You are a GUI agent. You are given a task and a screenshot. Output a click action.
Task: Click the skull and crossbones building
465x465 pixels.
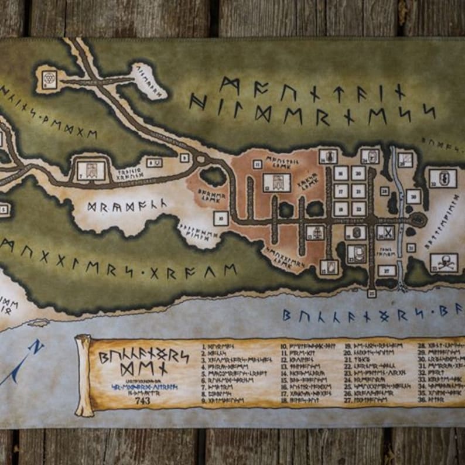click(443, 262)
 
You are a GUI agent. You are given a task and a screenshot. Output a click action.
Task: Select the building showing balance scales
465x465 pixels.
click(315, 232)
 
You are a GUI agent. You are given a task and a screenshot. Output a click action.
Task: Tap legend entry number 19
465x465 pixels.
click(375, 346)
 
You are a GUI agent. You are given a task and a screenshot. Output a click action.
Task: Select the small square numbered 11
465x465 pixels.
click(257, 165)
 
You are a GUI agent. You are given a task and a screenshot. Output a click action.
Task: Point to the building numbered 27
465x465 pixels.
click(386, 270)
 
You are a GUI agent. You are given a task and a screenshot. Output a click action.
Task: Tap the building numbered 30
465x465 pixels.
click(412, 196)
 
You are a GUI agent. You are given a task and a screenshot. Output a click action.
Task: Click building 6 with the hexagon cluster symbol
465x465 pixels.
click(50, 79)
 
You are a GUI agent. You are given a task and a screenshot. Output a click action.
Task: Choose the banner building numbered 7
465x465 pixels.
click(91, 170)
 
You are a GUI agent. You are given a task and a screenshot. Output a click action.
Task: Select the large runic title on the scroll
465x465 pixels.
click(143, 363)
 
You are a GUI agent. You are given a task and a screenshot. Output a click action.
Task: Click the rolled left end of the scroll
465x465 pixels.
click(83, 375)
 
